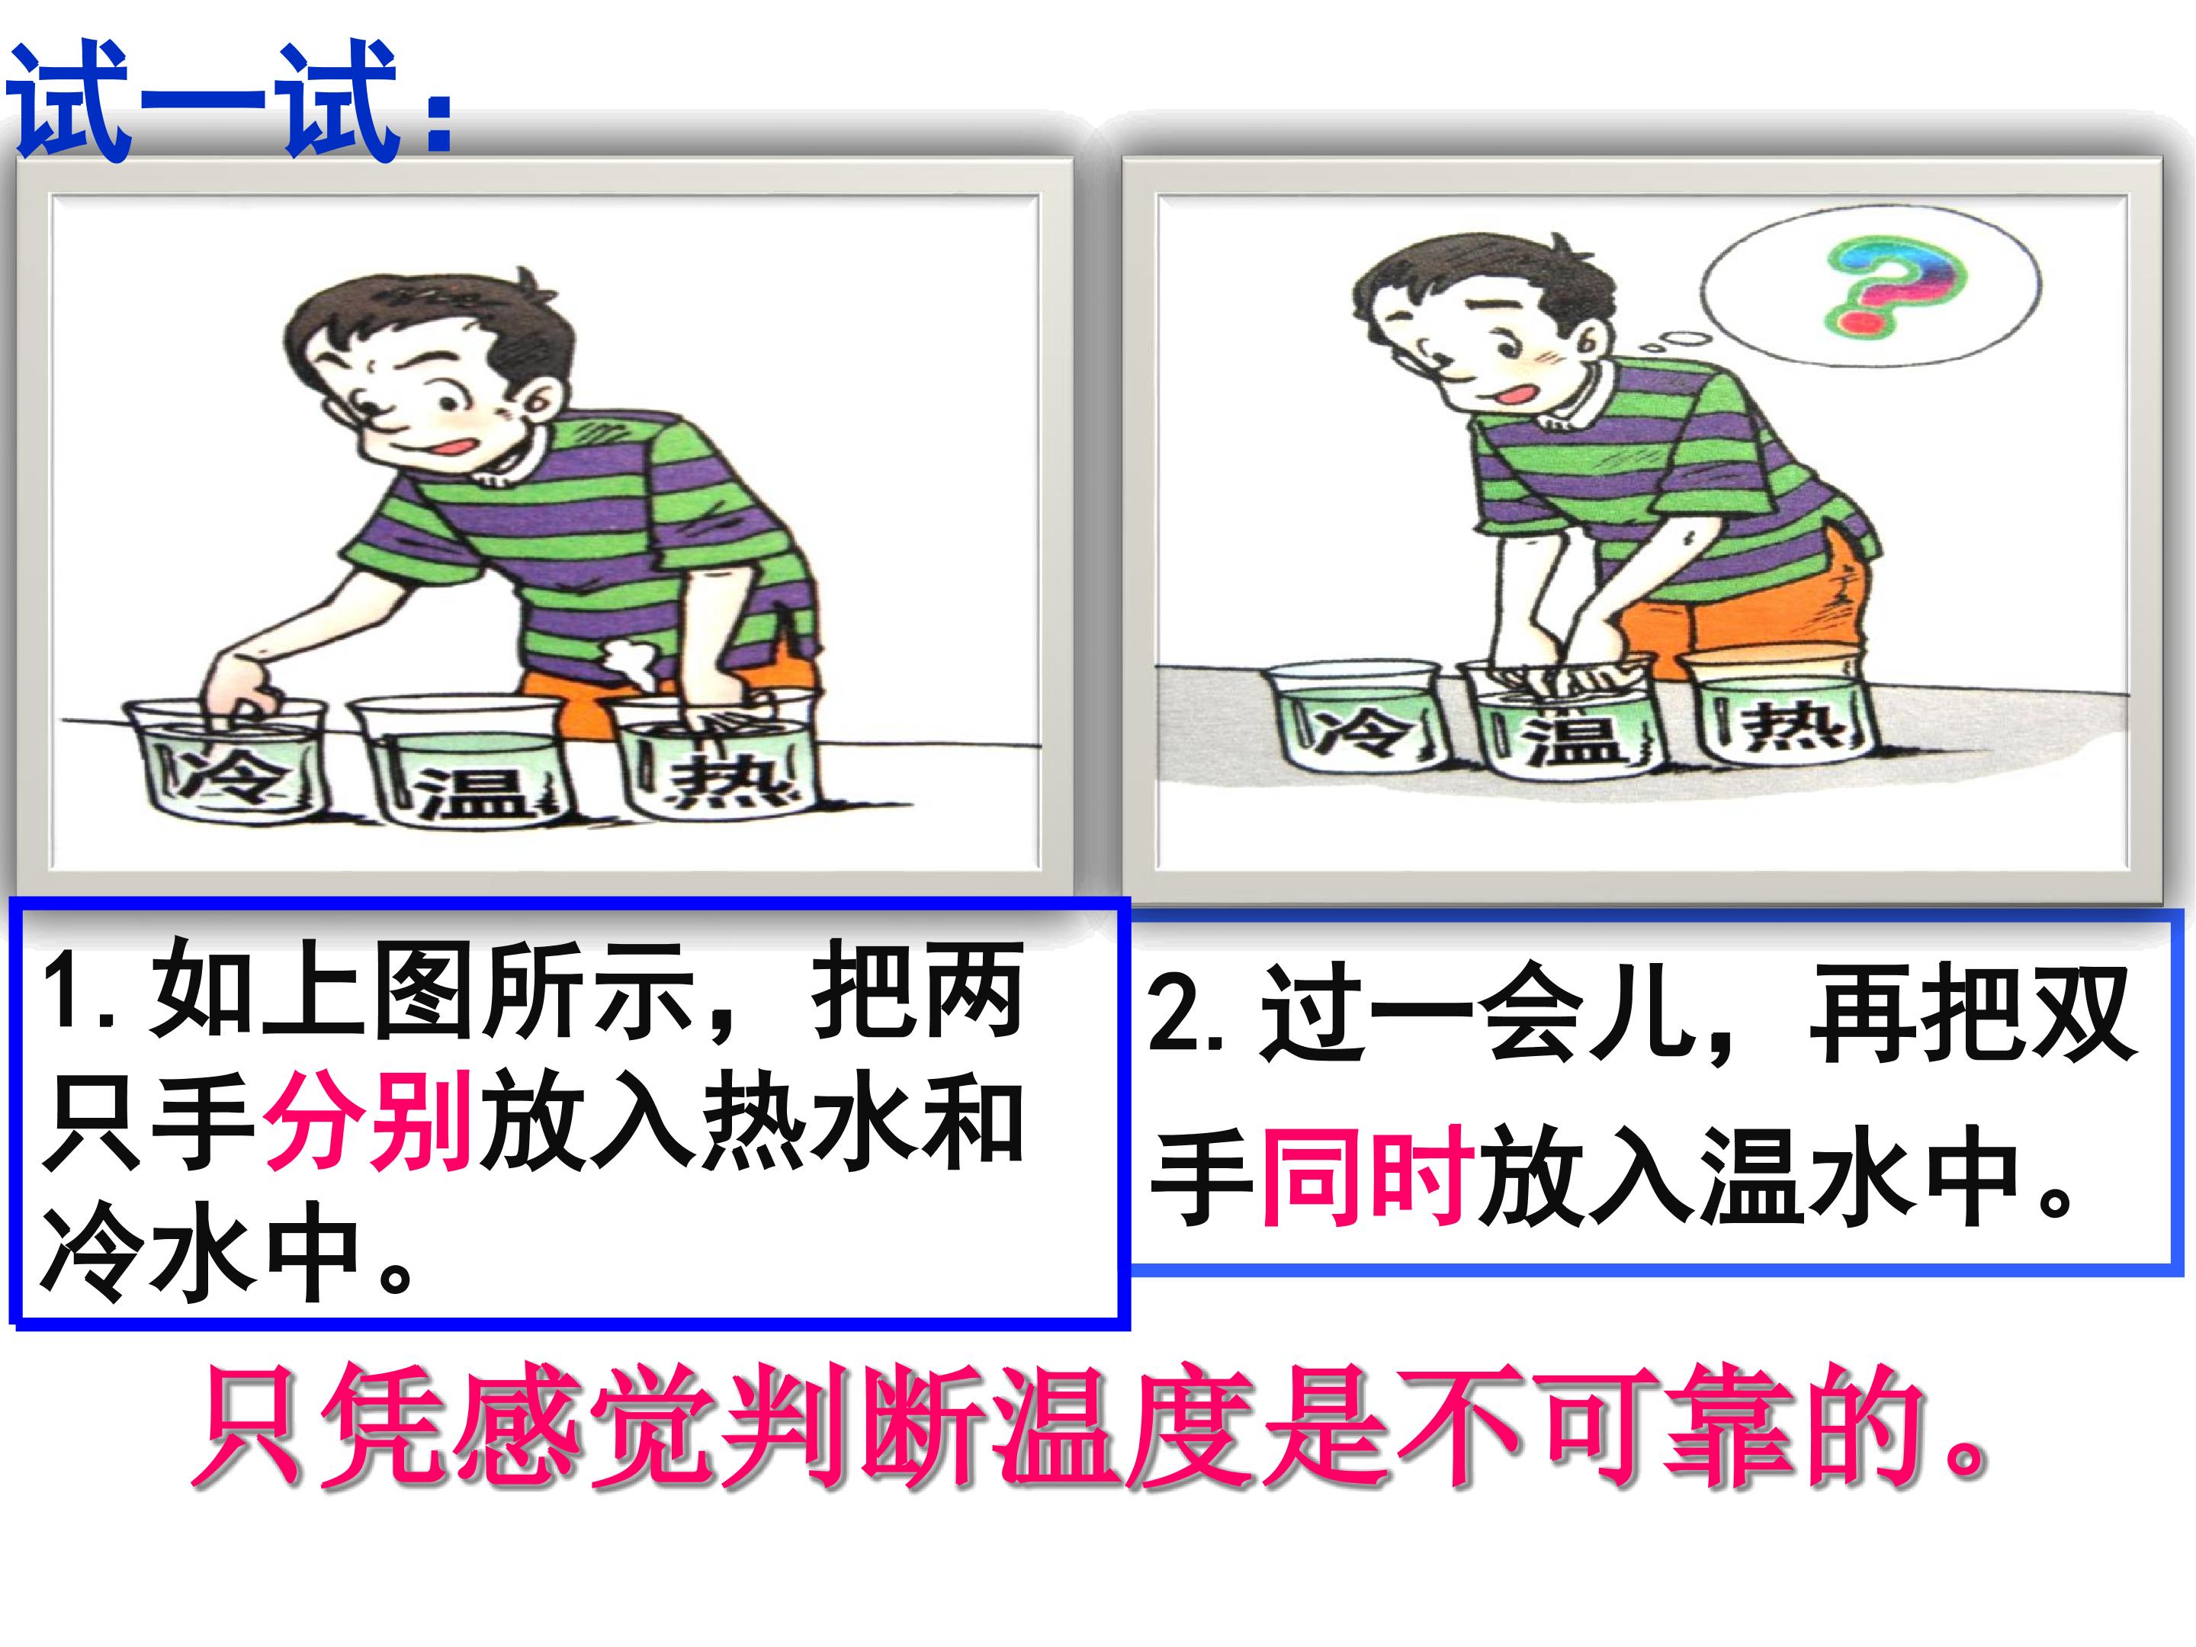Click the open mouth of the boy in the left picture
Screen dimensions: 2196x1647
[454, 447]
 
